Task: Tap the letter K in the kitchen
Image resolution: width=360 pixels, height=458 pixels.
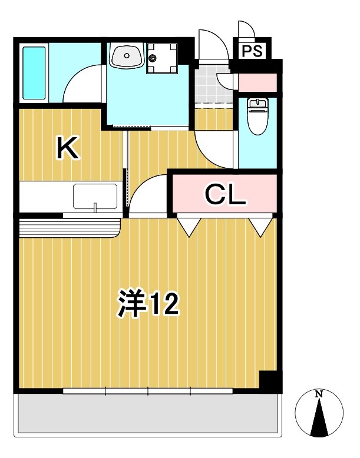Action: tap(68, 148)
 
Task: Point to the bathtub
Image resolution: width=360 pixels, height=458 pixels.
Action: tap(34, 73)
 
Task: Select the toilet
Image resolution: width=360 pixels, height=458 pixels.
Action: tap(257, 116)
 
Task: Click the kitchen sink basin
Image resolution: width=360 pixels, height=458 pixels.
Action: tap(95, 196)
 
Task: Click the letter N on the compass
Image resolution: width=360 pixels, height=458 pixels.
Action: tap(319, 394)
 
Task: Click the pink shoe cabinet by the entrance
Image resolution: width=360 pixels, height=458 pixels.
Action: tap(257, 82)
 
